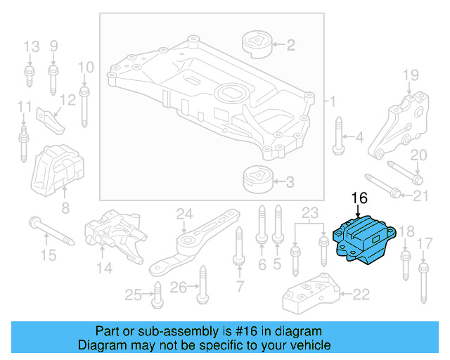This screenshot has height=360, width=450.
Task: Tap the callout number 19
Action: pos(410,75)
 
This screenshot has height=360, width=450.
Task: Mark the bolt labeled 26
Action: pos(202,288)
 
